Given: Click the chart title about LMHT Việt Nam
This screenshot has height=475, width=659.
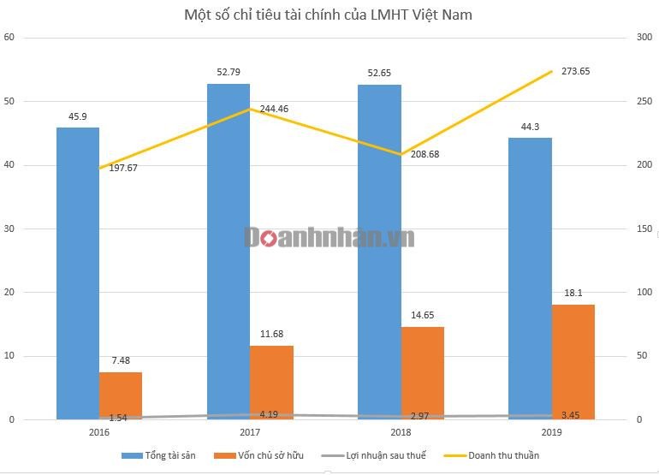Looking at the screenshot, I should coord(328,15).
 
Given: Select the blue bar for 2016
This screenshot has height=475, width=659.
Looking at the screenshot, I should coord(78,274).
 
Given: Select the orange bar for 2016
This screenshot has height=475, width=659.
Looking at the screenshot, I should coord(121,395).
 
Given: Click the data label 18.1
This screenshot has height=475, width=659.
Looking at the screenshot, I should coord(573,292).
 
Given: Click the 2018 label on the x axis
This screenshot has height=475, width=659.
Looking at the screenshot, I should coord(401,432).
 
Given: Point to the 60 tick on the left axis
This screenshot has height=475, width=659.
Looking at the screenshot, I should coord(9,38).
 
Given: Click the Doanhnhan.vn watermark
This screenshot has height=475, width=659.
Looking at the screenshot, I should coord(329,237).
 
